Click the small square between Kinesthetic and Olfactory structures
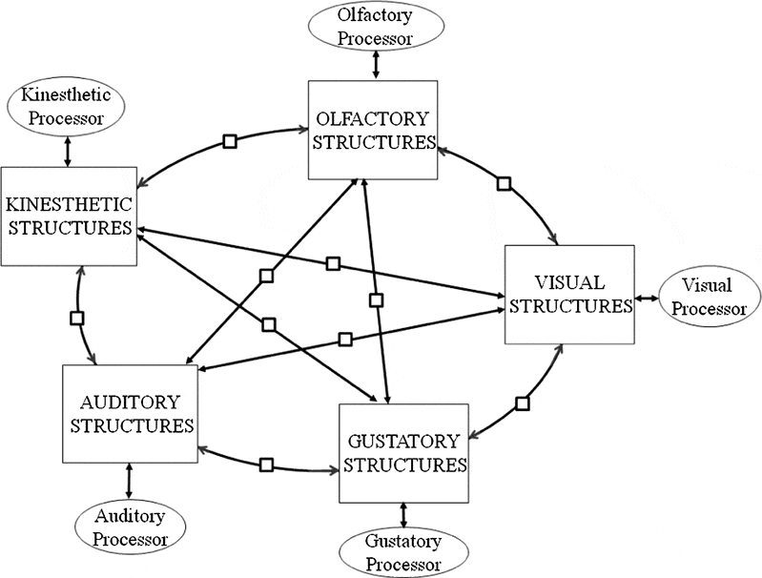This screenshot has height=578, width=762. (x=230, y=141)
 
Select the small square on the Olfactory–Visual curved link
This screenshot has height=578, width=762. (x=505, y=184)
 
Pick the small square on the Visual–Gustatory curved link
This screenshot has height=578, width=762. (x=523, y=403)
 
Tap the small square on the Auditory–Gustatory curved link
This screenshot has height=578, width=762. (x=266, y=464)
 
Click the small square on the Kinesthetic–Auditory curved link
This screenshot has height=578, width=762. (x=77, y=319)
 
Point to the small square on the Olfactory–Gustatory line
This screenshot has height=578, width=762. (x=376, y=300)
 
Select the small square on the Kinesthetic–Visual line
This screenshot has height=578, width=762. (x=333, y=264)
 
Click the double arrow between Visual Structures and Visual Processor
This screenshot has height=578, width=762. (x=647, y=298)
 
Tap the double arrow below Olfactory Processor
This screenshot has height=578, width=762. (x=376, y=64)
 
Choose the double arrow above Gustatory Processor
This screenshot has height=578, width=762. (x=403, y=516)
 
